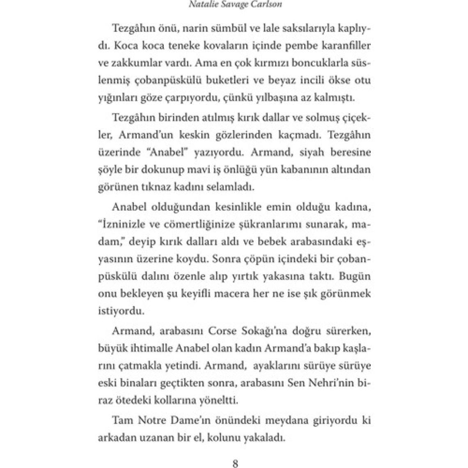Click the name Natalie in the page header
201,5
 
